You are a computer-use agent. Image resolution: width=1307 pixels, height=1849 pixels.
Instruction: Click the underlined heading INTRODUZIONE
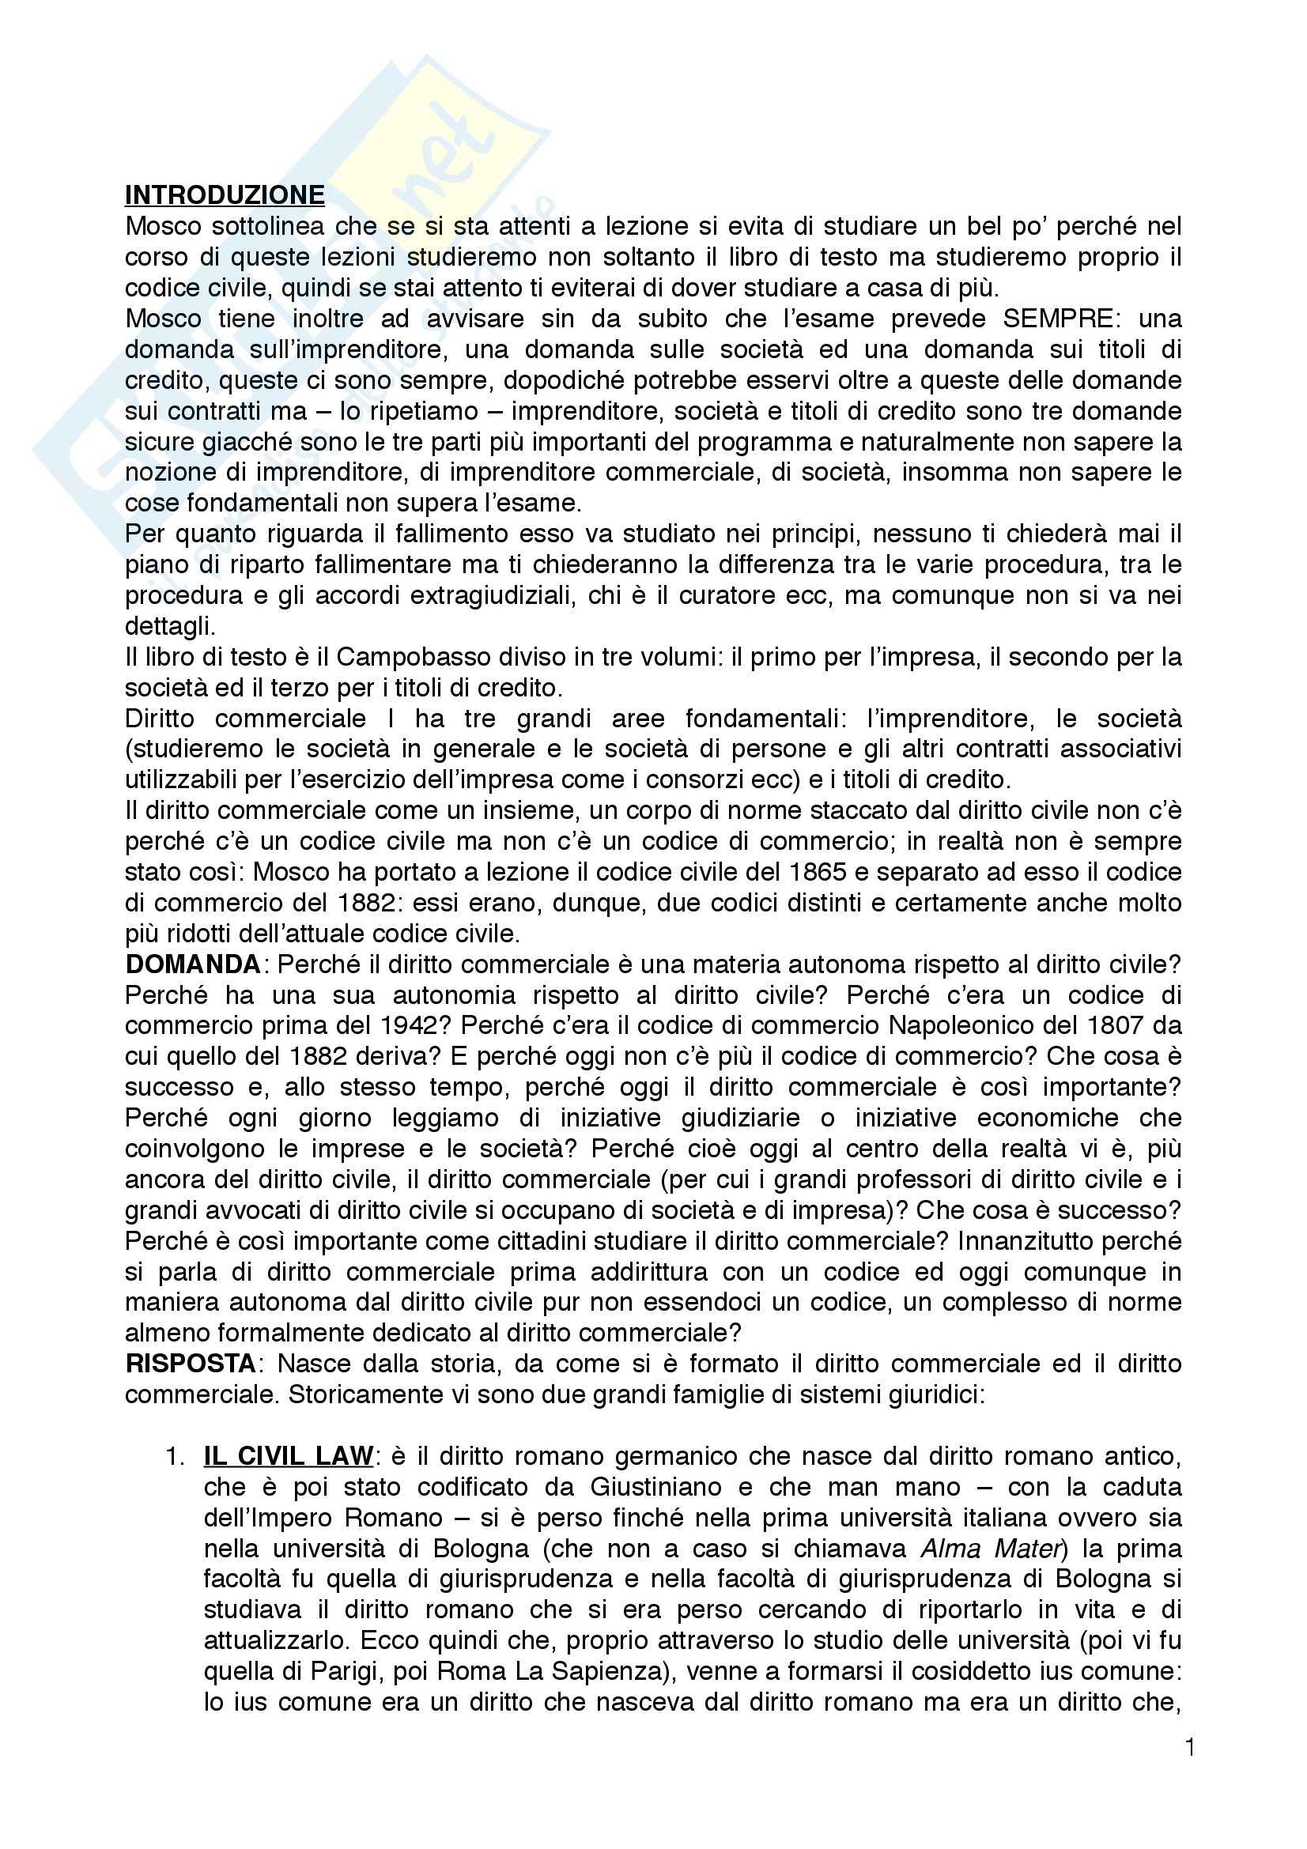[x=225, y=195]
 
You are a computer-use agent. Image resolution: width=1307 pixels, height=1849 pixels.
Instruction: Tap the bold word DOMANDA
[x=192, y=964]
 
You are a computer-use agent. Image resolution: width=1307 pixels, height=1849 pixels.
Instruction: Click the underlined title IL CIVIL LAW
[x=289, y=1456]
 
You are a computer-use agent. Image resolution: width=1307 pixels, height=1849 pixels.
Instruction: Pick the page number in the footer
[x=1189, y=1770]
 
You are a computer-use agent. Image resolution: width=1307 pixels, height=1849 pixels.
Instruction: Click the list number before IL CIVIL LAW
[x=174, y=1456]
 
